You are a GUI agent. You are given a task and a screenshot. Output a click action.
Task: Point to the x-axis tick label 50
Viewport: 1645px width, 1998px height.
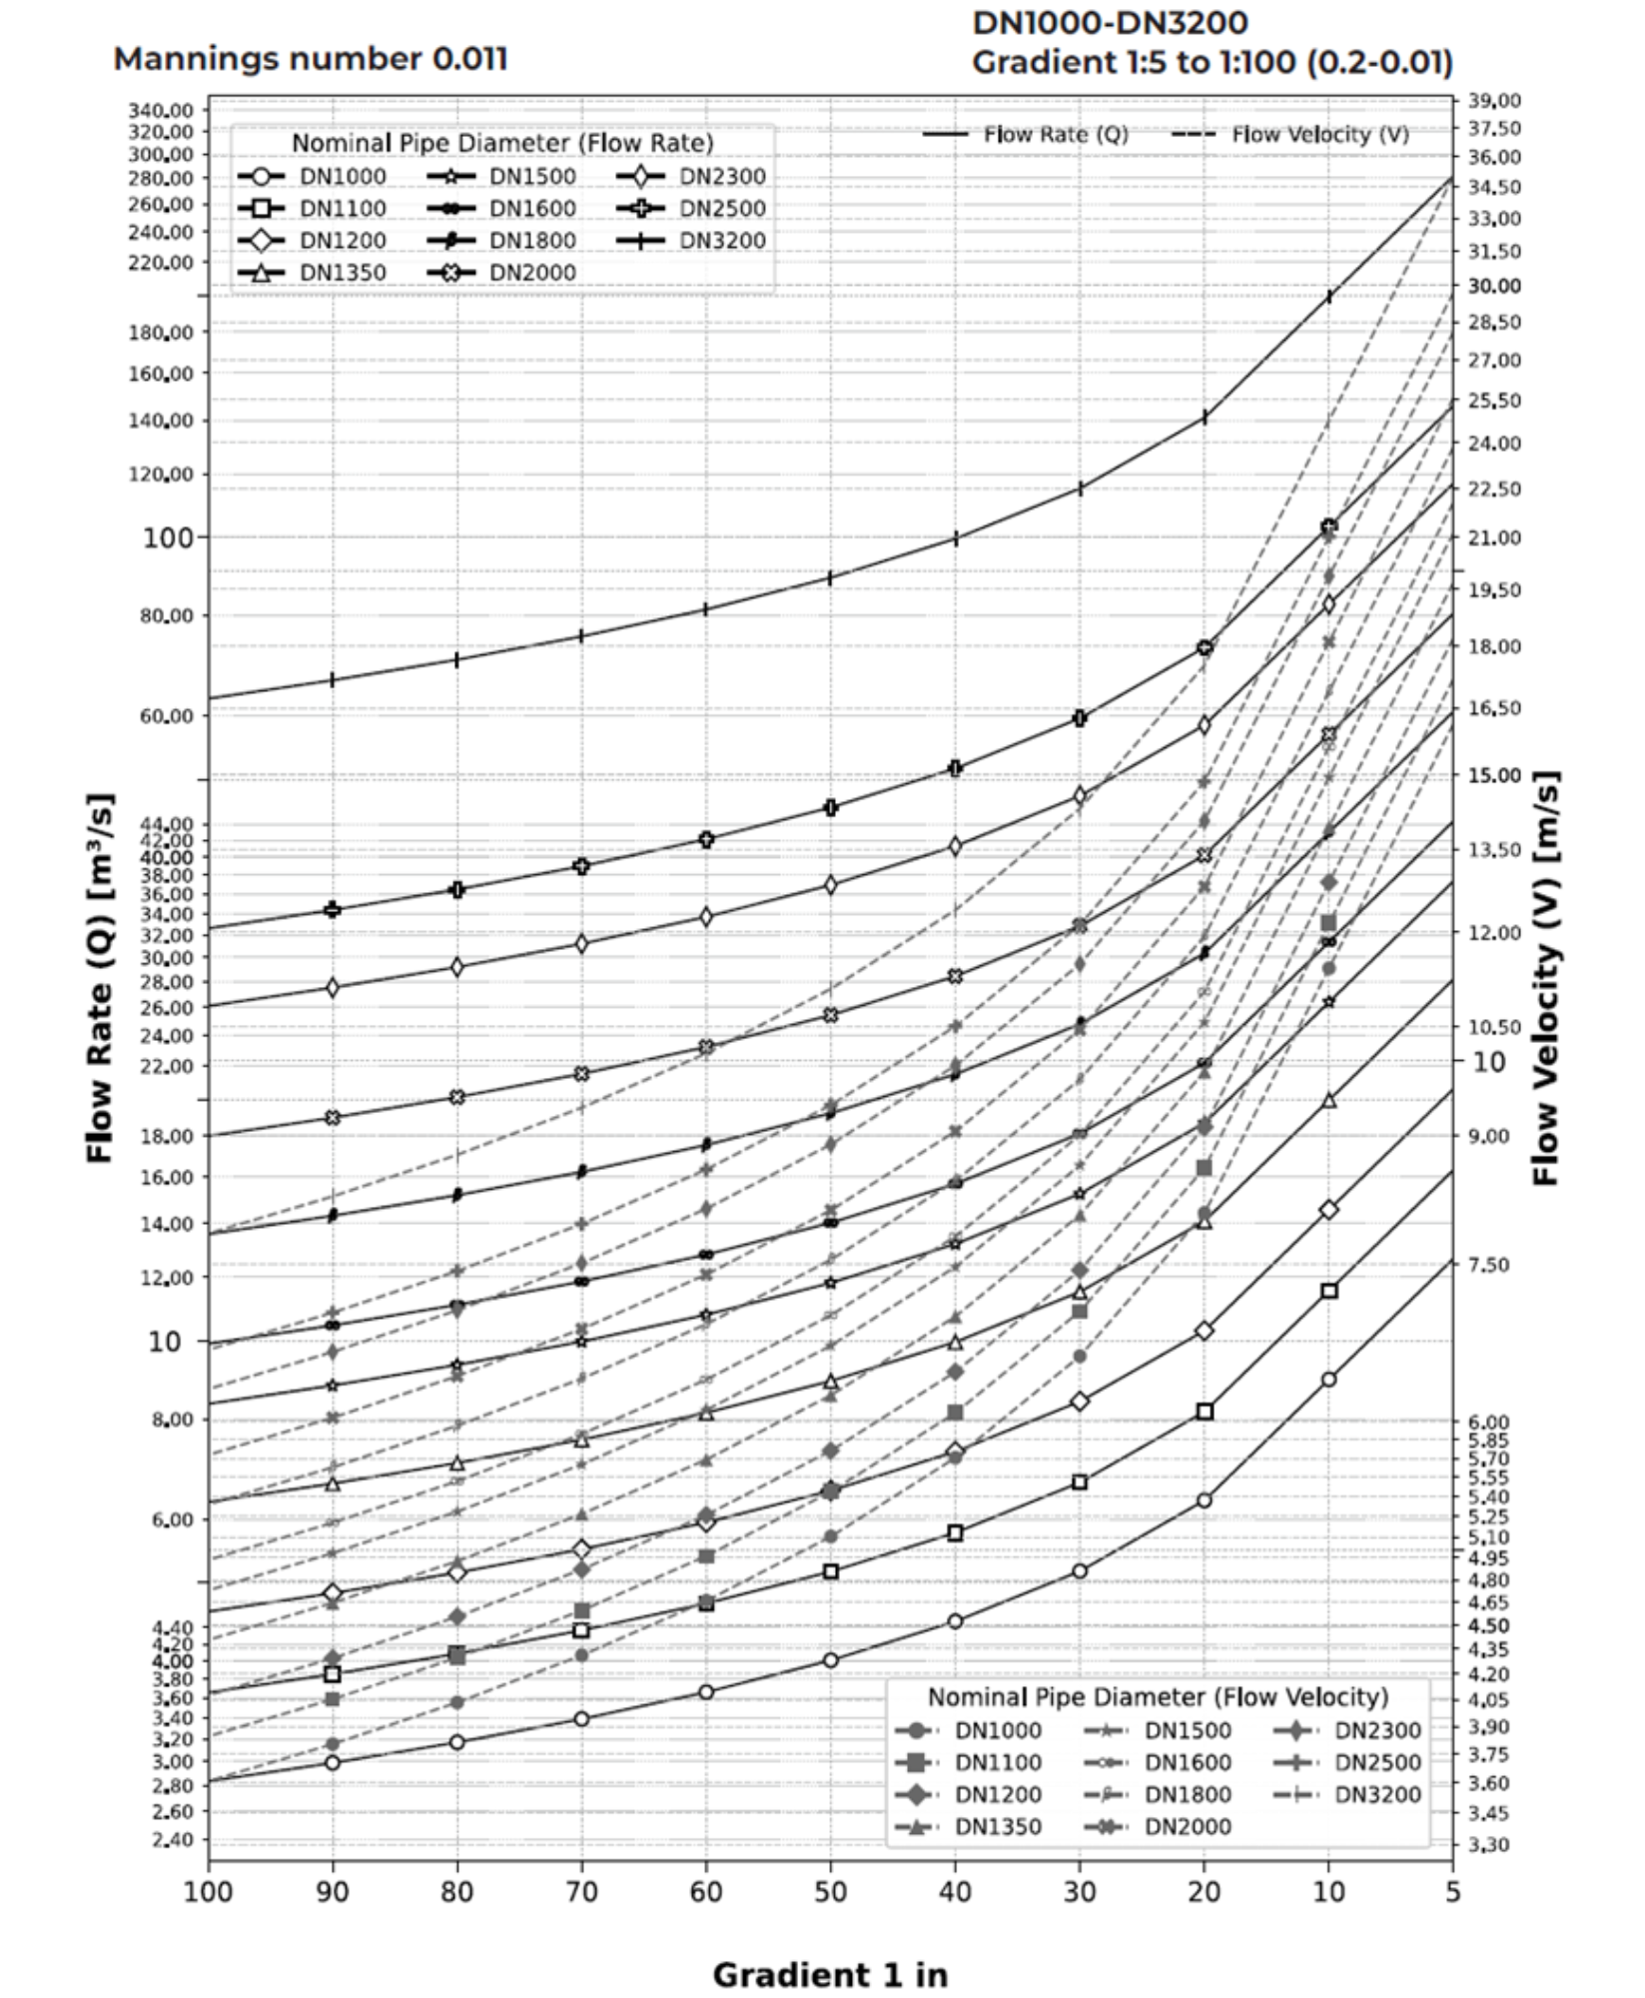pos(830,1892)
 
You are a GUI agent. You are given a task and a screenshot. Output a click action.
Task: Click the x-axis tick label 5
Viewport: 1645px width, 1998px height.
pos(1452,1892)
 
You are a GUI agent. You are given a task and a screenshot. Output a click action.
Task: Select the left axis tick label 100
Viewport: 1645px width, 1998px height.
pos(167,537)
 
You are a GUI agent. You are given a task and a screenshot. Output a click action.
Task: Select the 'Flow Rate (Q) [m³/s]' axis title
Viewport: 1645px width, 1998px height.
pos(100,978)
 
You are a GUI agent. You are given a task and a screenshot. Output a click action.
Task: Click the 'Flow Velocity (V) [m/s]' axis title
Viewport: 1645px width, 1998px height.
pos(1546,978)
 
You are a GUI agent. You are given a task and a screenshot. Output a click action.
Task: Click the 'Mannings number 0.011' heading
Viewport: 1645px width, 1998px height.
pos(310,59)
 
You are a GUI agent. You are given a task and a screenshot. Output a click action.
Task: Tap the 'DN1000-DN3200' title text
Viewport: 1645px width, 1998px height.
pos(1110,22)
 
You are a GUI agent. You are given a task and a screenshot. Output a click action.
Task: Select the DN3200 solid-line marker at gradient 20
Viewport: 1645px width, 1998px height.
pos(1205,417)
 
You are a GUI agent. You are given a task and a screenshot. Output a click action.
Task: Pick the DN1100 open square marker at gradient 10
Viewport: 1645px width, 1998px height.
pos(1328,1291)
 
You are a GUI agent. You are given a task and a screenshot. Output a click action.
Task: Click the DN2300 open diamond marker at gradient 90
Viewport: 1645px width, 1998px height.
pos(333,988)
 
